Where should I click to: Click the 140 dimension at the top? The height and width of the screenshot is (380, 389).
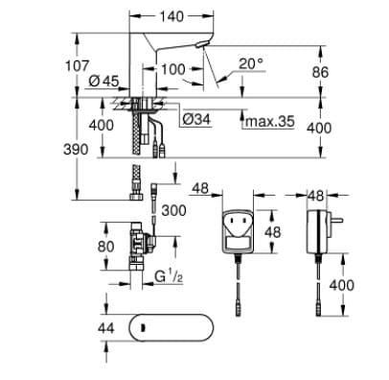pos(172,17)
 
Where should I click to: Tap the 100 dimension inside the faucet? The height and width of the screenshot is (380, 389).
pos(172,69)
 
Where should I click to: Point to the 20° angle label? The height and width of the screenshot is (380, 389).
pos(250,64)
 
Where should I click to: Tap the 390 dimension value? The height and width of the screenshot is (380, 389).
pos(83,150)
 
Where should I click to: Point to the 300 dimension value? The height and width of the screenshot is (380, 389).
pos(173,210)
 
